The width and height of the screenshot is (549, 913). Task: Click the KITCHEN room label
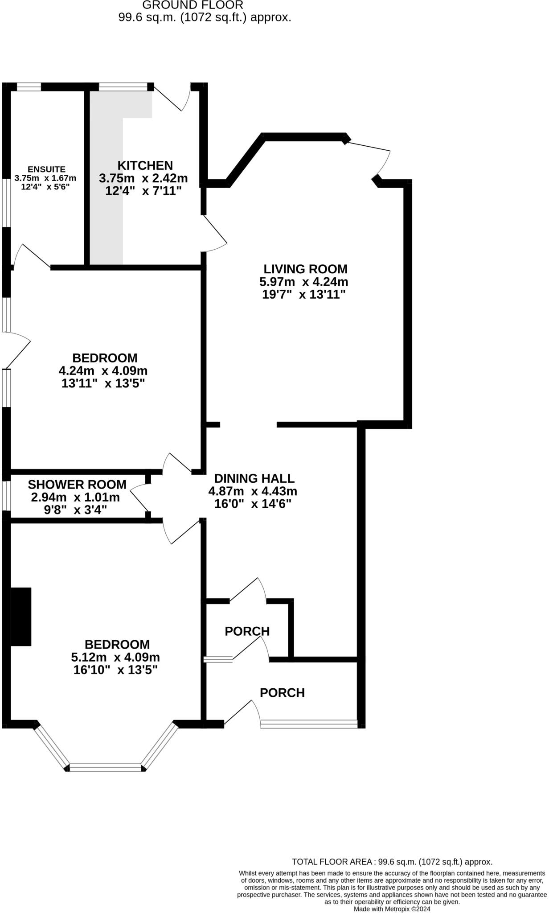[x=145, y=165]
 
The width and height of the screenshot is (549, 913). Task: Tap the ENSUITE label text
[x=46, y=169]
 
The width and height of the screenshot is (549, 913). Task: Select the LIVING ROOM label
[x=305, y=269]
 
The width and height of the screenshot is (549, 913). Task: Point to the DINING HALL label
[x=254, y=478]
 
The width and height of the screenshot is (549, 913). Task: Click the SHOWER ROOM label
[x=77, y=484]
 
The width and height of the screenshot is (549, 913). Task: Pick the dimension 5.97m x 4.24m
[x=303, y=282]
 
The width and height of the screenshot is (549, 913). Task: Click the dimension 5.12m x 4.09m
[x=115, y=657]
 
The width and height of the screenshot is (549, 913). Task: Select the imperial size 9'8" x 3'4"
[x=75, y=510]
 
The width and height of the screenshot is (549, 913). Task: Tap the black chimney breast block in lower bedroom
[x=20, y=617]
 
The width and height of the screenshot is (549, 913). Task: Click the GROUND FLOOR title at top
[x=193, y=5]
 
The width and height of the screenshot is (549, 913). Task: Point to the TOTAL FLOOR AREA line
[x=392, y=862]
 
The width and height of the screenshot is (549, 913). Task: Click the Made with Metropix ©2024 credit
[x=392, y=909]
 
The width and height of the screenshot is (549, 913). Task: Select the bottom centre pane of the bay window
[x=106, y=767]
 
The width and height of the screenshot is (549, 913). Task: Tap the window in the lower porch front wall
[x=309, y=724]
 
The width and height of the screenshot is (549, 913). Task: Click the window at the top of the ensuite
[x=29, y=86]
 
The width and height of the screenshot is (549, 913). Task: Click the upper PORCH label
[x=247, y=631]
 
